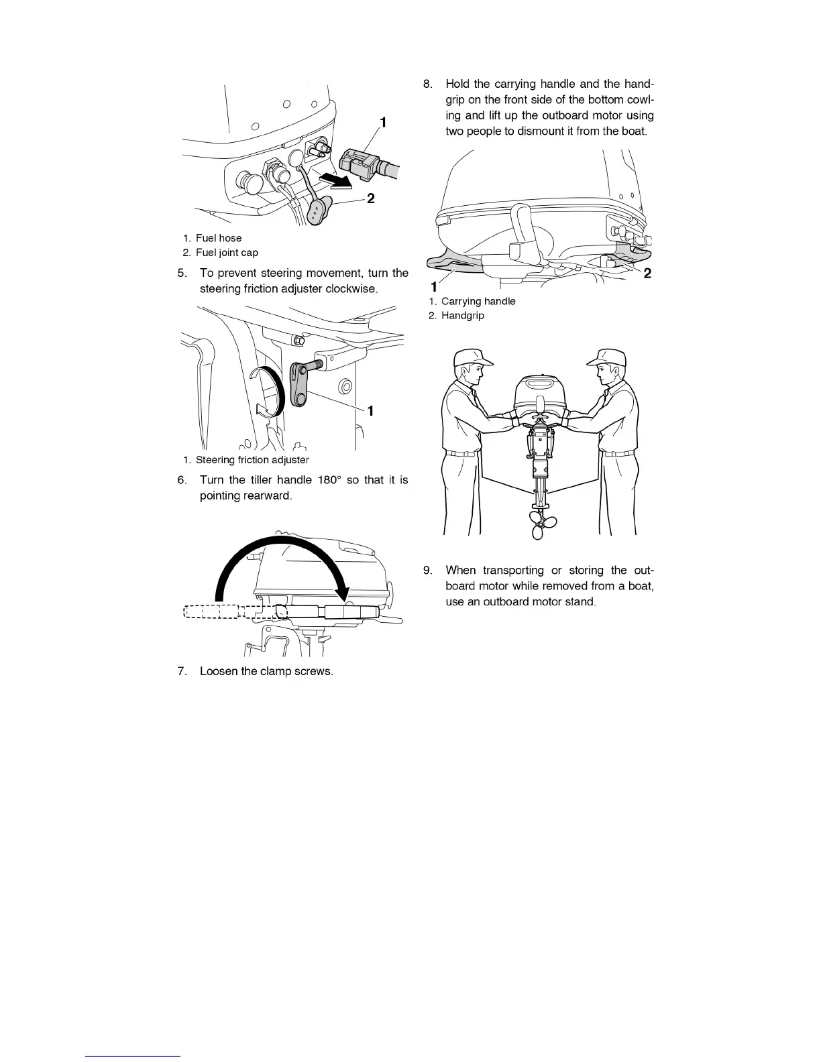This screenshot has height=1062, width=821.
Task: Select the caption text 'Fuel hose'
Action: coord(219,238)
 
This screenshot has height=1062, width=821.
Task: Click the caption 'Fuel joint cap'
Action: coord(227,253)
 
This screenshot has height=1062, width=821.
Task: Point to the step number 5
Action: coord(182,273)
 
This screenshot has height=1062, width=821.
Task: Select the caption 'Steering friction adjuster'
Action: coord(252,460)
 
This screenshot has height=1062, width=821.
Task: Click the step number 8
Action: coord(427,84)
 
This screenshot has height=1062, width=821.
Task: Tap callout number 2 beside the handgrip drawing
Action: coord(647,273)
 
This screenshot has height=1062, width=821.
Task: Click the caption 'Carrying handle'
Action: coord(478,301)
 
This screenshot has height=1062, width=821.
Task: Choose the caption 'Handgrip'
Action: coord(462,315)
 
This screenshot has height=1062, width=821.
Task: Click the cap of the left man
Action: coord(471,358)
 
